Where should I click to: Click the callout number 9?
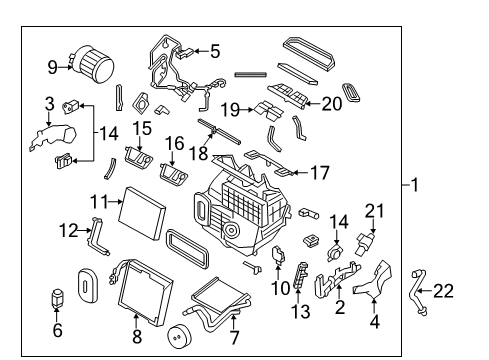pyautogui.click(x=53, y=68)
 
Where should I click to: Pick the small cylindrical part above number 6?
pyautogui.click(x=58, y=299)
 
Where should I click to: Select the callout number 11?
pyautogui.click(x=97, y=200)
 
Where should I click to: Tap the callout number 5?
pyautogui.click(x=214, y=50)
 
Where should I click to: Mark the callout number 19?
pyautogui.click(x=231, y=109)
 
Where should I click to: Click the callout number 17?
pyautogui.click(x=318, y=172)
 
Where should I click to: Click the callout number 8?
pyautogui.click(x=137, y=337)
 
